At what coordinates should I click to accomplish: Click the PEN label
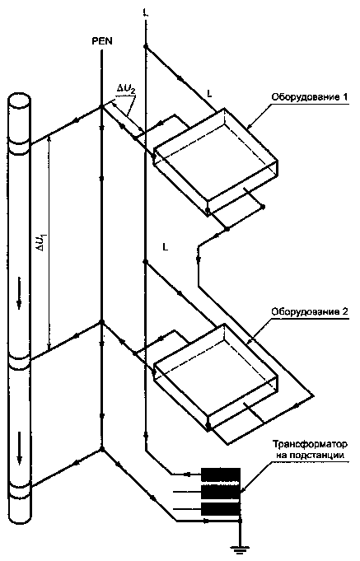coord(102,41)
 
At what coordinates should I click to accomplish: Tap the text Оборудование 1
coord(310,97)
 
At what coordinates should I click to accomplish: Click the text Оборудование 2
coord(310,311)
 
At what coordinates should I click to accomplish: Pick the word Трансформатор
coord(310,445)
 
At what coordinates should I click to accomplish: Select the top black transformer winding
coord(221,475)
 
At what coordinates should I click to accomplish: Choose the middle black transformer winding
coord(221,492)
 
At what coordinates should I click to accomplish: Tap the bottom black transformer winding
coord(221,509)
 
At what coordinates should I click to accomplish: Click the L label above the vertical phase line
coord(145,13)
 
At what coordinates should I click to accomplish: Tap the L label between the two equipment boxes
coord(165,247)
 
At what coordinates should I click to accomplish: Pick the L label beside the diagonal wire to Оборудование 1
coord(209,94)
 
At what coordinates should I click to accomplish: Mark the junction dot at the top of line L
coord(145,47)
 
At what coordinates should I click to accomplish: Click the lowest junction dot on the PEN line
coord(102,449)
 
